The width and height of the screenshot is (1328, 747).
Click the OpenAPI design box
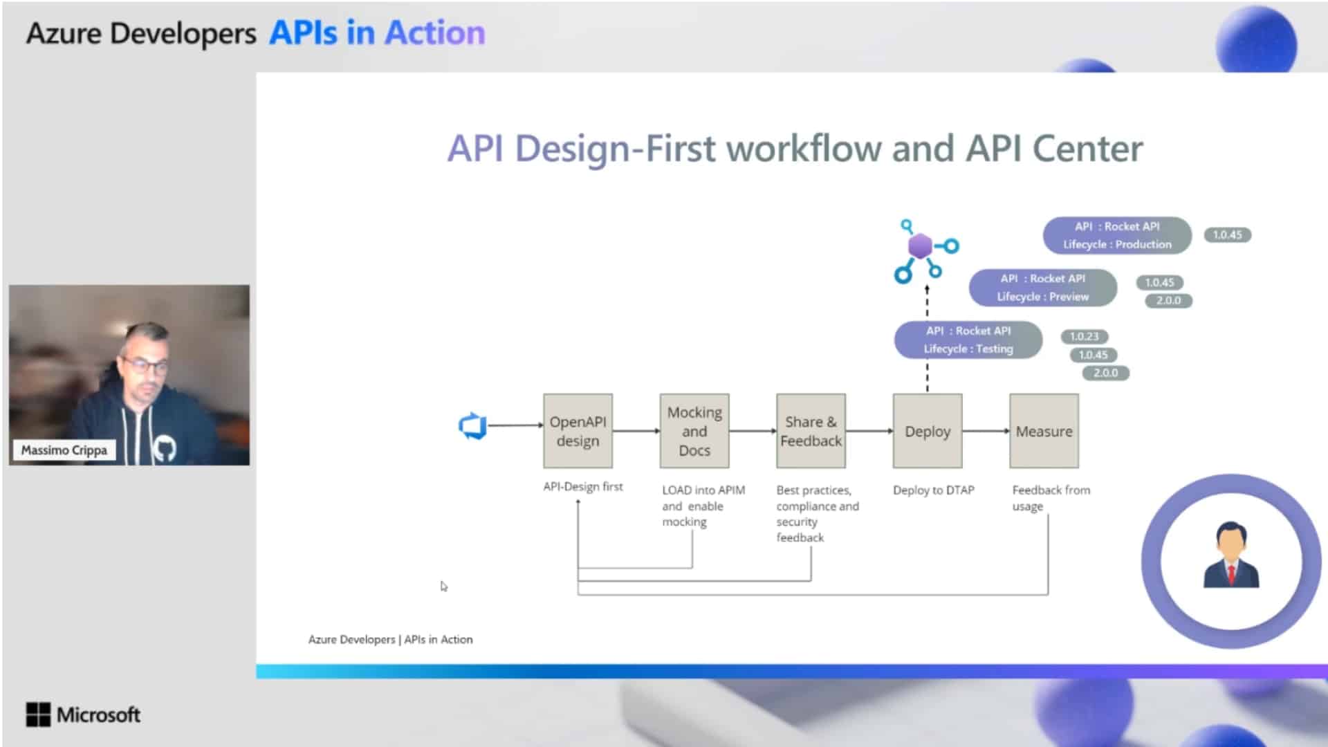click(578, 431)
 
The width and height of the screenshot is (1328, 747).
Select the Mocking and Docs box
click(694, 431)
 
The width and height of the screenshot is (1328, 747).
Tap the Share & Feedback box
click(811, 431)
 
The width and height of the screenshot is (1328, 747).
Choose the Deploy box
click(927, 431)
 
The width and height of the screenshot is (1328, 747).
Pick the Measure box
click(1044, 431)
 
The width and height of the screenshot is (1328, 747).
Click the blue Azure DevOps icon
click(472, 425)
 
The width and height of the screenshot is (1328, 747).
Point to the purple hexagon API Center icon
click(921, 246)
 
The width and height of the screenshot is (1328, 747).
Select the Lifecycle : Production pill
click(1117, 235)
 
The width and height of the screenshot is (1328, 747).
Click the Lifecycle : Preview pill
click(1042, 288)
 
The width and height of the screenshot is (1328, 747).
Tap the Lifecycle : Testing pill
click(968, 340)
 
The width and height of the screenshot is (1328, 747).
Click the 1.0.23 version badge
click(1084, 337)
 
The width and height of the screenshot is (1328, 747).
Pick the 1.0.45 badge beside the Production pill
click(1227, 235)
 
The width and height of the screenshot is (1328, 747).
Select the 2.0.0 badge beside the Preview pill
click(1168, 301)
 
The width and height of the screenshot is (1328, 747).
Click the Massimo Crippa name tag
click(64, 450)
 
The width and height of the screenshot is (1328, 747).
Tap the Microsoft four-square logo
click(38, 714)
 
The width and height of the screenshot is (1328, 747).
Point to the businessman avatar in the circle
click(1231, 555)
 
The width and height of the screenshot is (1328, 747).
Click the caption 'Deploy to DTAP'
click(933, 490)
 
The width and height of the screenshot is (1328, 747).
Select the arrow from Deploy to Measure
click(986, 431)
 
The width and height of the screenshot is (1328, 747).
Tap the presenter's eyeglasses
click(147, 365)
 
